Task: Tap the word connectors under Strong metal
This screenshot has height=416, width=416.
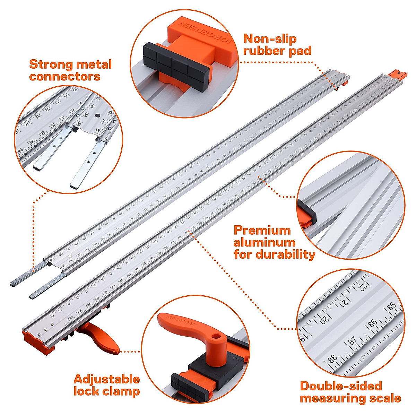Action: [x=64, y=76]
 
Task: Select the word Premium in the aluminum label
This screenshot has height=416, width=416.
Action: [x=262, y=230]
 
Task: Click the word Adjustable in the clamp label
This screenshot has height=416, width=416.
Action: [x=107, y=379]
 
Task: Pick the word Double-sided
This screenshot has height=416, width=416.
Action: [x=341, y=386]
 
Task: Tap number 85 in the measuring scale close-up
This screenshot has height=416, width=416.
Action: [x=392, y=307]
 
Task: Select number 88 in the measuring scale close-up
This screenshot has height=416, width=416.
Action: [x=332, y=358]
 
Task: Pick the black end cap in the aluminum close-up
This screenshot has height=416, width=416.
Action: [x=307, y=209]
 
